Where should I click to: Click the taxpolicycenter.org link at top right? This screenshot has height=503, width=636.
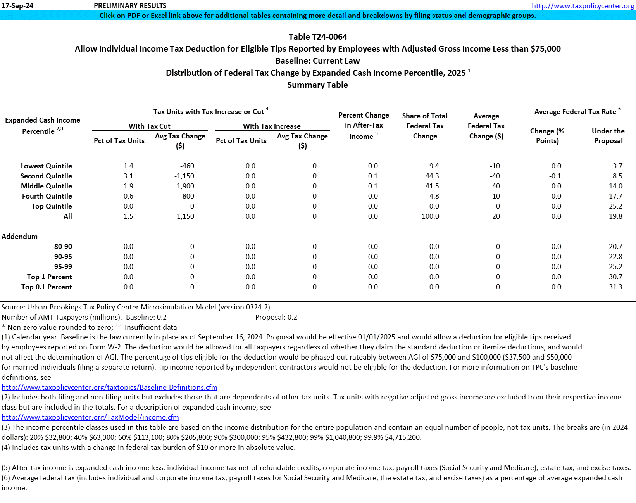click(x=583, y=6)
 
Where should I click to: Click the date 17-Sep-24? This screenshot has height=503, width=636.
click(x=17, y=6)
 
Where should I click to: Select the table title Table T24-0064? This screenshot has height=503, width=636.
click(x=318, y=37)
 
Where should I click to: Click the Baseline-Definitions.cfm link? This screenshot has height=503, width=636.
click(x=109, y=387)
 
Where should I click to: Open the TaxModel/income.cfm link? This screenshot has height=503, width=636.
click(x=90, y=417)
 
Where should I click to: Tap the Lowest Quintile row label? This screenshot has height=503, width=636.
click(x=47, y=166)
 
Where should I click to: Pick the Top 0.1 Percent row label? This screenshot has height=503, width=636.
click(x=47, y=287)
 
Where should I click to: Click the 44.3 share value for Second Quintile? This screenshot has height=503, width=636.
click(x=432, y=176)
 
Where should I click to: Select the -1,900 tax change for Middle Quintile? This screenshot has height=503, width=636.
click(x=184, y=186)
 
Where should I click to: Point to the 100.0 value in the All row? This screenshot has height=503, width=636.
click(x=430, y=216)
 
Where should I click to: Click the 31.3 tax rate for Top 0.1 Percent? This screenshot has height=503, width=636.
click(x=615, y=287)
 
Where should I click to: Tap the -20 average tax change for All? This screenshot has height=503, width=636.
click(x=495, y=216)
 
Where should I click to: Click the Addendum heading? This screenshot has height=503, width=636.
click(x=20, y=237)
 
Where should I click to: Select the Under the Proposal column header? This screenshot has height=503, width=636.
click(x=608, y=136)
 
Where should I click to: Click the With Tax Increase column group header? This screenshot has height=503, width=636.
click(x=272, y=126)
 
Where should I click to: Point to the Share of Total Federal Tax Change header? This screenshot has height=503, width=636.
click(x=425, y=126)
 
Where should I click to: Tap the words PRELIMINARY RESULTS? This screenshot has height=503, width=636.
click(x=130, y=6)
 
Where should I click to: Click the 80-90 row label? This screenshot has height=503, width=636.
click(x=63, y=247)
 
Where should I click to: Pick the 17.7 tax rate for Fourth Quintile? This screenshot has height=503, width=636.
click(x=615, y=196)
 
